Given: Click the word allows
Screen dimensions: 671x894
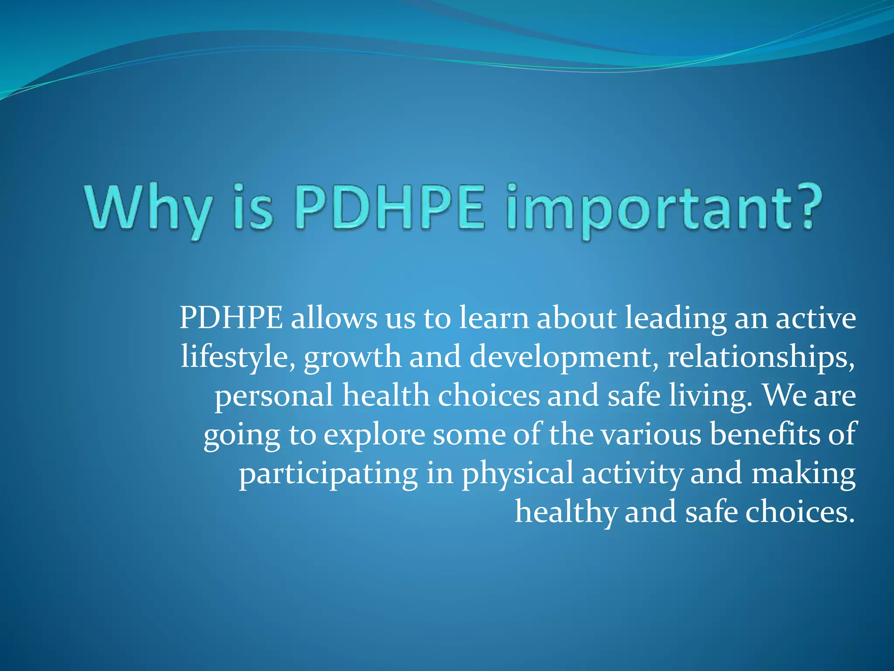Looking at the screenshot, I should coord(334,318).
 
